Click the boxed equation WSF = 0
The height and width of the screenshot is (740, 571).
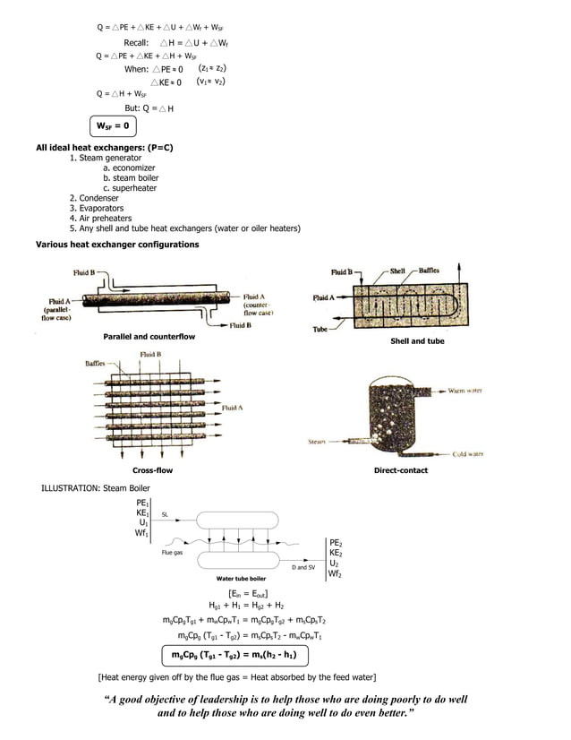(114, 125)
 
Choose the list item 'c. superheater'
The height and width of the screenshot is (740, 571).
(130, 188)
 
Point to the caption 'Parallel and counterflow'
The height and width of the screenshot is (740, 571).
(149, 336)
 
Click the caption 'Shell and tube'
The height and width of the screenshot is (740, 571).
(417, 341)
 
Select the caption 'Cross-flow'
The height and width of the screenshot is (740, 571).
(152, 470)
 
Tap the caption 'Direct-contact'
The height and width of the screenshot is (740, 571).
(400, 470)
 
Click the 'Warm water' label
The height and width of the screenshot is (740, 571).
(465, 392)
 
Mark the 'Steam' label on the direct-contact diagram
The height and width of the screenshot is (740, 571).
(317, 442)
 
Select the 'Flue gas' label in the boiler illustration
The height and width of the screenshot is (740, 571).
(172, 553)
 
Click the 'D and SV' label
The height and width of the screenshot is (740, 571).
(304, 567)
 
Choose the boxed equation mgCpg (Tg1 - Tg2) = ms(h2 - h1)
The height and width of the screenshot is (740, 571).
(234, 655)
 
